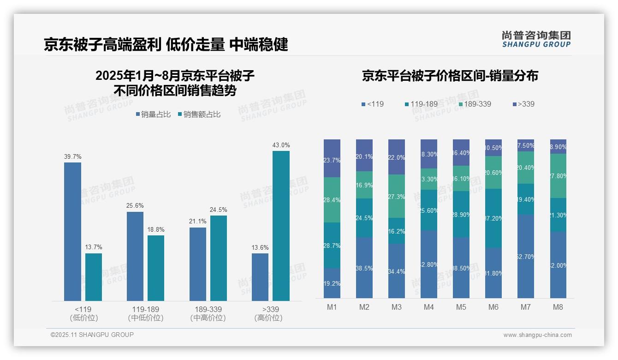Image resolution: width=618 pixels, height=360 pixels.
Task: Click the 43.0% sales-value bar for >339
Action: tap(281, 226)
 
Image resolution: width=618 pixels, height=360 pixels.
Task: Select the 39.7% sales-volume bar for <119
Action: tap(72, 231)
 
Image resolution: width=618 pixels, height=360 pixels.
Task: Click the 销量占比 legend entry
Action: tap(153, 114)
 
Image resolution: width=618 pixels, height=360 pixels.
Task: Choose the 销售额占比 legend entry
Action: tap(199, 114)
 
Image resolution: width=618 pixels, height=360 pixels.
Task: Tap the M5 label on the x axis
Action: tap(461, 307)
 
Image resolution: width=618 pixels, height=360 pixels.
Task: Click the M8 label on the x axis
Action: tap(558, 307)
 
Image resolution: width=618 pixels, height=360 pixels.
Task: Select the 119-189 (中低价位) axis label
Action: tap(146, 313)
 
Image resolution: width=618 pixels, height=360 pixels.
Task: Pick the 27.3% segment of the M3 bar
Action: tap(397, 196)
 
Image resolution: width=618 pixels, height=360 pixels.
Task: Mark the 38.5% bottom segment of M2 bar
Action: tap(364, 268)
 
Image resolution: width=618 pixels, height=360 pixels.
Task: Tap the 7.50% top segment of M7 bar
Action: tap(526, 145)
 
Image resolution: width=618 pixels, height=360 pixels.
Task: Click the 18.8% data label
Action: tap(156, 229)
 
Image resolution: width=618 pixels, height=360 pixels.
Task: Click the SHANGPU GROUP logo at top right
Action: tap(536, 39)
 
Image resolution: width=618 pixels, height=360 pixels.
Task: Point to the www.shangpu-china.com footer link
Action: tap(537, 335)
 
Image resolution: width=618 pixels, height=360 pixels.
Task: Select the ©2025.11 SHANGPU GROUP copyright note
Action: tap(92, 335)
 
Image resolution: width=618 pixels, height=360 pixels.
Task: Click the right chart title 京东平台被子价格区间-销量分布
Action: tap(450, 76)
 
